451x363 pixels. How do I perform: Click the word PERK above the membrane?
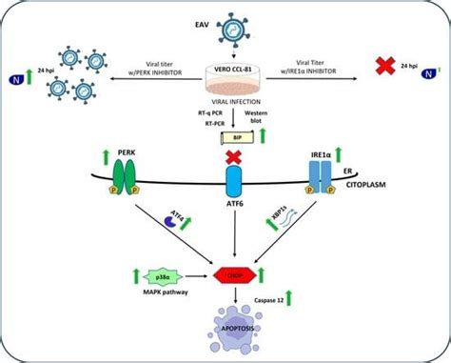pyautogui.click(x=125, y=152)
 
